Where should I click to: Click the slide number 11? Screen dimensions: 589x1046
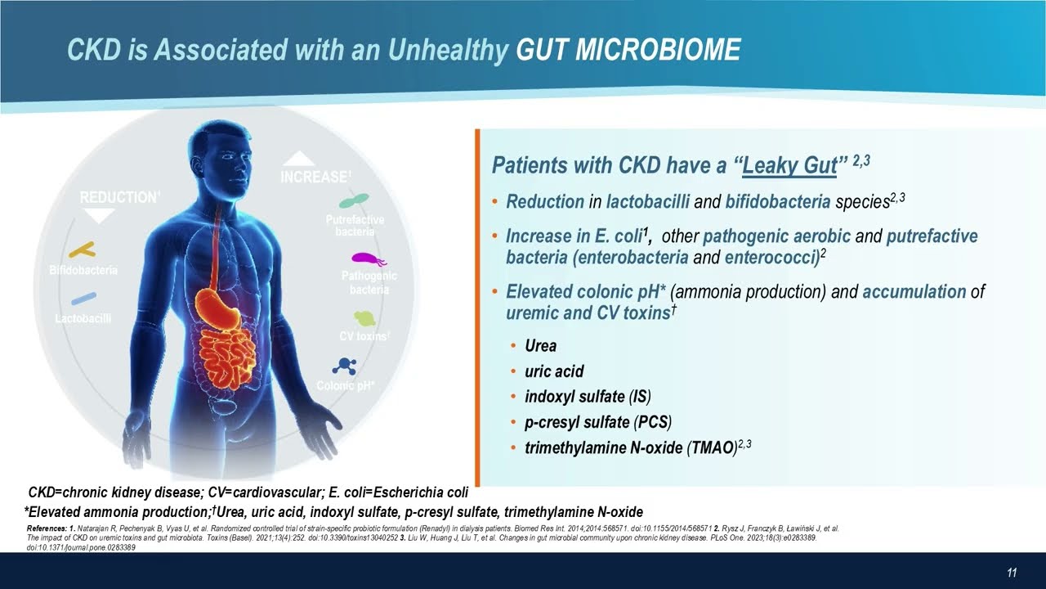[x=1011, y=573]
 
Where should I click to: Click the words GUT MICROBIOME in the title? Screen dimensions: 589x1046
[x=628, y=50]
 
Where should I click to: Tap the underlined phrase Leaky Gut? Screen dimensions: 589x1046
[x=789, y=165]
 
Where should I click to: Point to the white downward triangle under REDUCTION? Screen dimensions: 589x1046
[x=101, y=216]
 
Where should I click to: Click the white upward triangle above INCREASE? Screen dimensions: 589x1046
[x=298, y=158]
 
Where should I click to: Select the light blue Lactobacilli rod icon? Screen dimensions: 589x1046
[x=83, y=299]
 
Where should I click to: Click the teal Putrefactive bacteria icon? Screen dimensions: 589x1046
[x=355, y=201]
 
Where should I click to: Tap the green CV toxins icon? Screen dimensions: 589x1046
[x=364, y=318]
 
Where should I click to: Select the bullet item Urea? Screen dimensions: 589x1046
[x=541, y=346]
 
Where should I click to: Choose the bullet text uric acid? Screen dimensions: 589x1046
[x=554, y=371]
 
